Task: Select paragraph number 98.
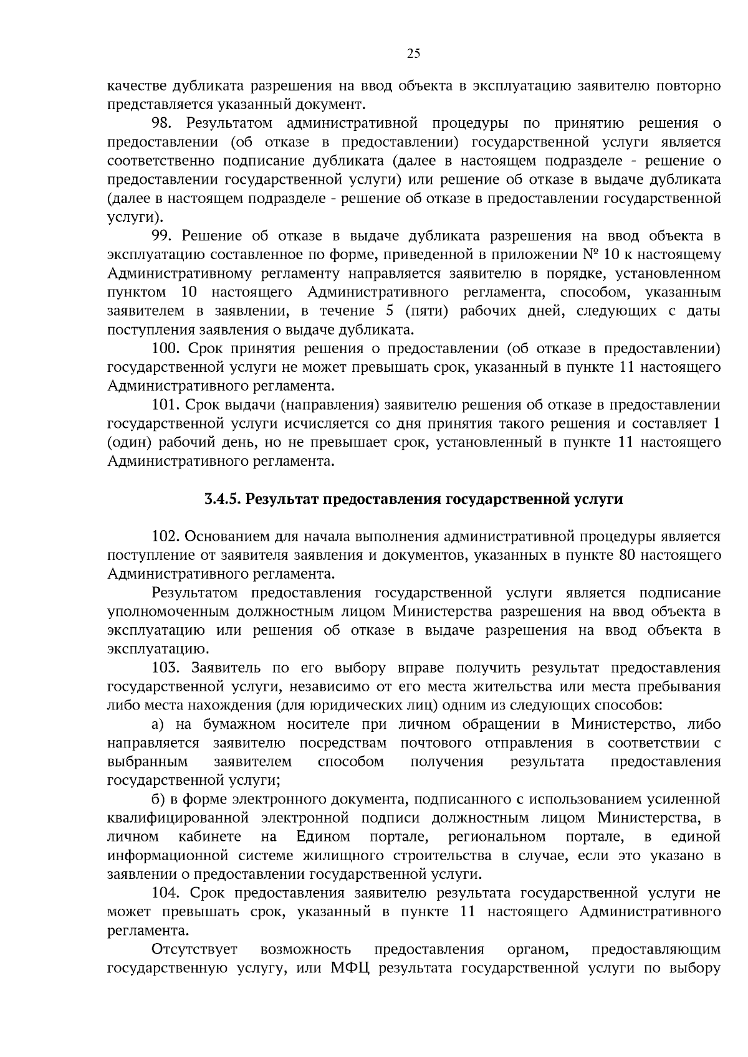tap(163, 123)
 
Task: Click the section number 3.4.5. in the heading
tap(222, 500)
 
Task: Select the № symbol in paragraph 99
tap(590, 255)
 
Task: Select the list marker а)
tap(158, 724)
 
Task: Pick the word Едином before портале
tap(323, 837)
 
